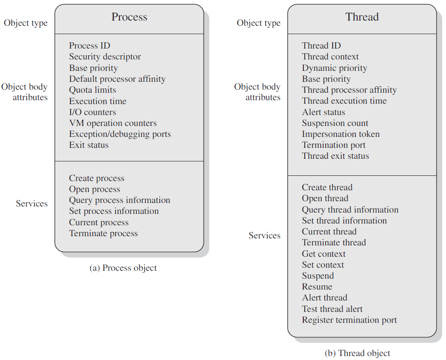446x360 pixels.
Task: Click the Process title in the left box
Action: click(130, 17)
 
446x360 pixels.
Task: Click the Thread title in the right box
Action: click(362, 17)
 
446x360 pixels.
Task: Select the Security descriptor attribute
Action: click(105, 57)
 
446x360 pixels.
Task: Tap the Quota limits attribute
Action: click(93, 90)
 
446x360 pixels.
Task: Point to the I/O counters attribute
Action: click(93, 112)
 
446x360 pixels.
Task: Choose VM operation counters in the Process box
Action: click(113, 123)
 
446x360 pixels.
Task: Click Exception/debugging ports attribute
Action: click(120, 134)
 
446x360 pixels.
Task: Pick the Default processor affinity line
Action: click(117, 79)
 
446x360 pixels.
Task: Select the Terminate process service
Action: click(104, 234)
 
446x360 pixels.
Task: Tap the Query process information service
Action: click(120, 200)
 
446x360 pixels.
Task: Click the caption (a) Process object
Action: click(123, 268)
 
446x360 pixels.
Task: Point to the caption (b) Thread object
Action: click(358, 353)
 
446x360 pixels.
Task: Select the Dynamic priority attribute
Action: click(334, 68)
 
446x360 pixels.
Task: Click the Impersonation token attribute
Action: click(341, 134)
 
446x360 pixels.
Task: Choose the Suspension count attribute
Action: click(335, 123)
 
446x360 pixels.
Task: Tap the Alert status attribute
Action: click(324, 112)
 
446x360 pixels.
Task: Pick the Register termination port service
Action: click(349, 320)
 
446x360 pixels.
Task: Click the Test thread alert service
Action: click(332, 309)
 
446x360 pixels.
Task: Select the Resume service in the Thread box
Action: click(317, 287)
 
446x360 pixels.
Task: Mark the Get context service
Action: click(324, 254)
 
